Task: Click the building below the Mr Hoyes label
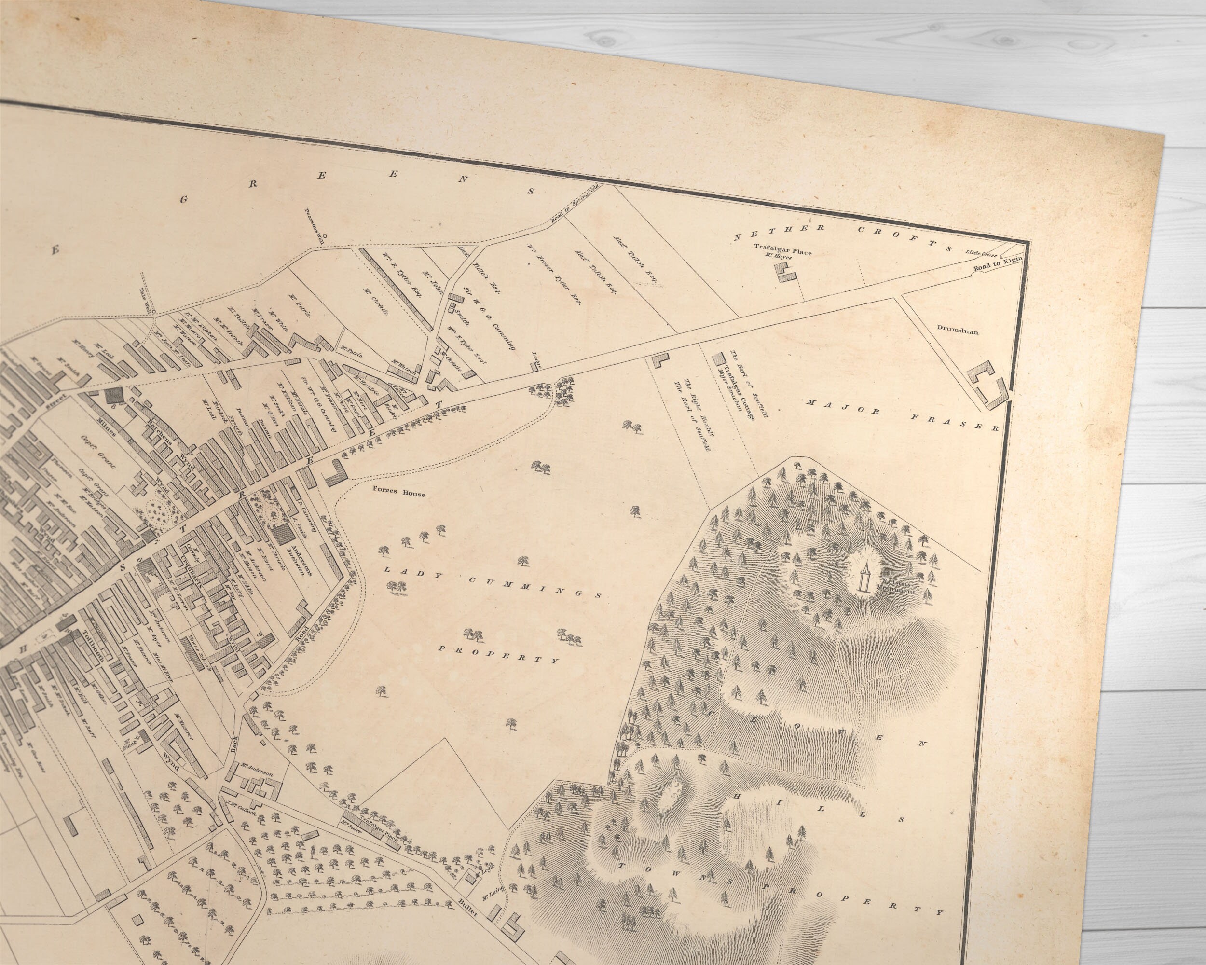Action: tap(785, 273)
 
